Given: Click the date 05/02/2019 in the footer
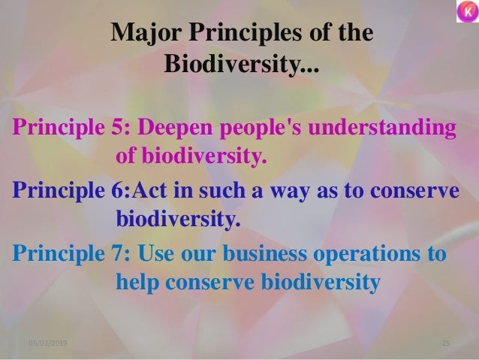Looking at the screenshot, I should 47,343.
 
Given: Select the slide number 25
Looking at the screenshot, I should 445,343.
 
